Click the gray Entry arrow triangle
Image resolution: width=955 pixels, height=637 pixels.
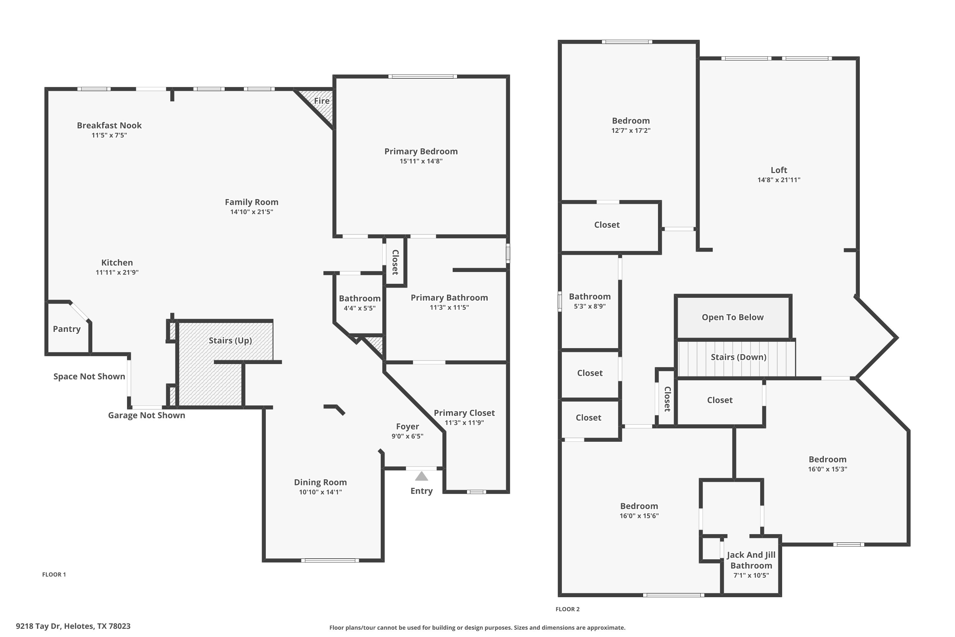[x=421, y=476]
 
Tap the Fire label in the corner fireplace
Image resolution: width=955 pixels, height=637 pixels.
[x=322, y=101]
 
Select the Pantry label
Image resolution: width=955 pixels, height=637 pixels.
[x=67, y=329]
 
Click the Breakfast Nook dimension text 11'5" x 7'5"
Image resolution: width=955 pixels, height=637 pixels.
[x=109, y=135]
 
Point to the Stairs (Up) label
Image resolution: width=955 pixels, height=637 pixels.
[x=230, y=340]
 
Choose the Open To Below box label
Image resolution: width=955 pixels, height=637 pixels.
[x=732, y=317]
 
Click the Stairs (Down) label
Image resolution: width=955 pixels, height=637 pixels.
[x=739, y=357]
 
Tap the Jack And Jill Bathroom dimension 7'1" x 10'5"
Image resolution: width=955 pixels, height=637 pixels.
[x=751, y=575]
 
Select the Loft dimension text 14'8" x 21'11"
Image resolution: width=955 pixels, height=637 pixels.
[x=779, y=180]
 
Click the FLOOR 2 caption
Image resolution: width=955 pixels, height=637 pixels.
[x=568, y=609]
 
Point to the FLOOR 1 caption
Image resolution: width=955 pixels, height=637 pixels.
[x=54, y=575]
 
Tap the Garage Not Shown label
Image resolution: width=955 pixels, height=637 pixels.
[x=146, y=415]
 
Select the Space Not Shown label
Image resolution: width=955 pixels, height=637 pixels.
[x=89, y=376]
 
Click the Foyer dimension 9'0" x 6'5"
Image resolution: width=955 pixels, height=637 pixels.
[x=407, y=436]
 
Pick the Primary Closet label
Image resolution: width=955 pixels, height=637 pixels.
[x=464, y=413]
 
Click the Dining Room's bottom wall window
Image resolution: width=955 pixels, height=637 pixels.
[x=330, y=561]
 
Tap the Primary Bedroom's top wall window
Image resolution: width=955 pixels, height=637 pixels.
[x=423, y=76]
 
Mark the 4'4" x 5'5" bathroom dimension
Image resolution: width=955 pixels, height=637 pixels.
[x=360, y=308]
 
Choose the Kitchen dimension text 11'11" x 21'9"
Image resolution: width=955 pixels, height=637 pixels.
[x=117, y=273]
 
